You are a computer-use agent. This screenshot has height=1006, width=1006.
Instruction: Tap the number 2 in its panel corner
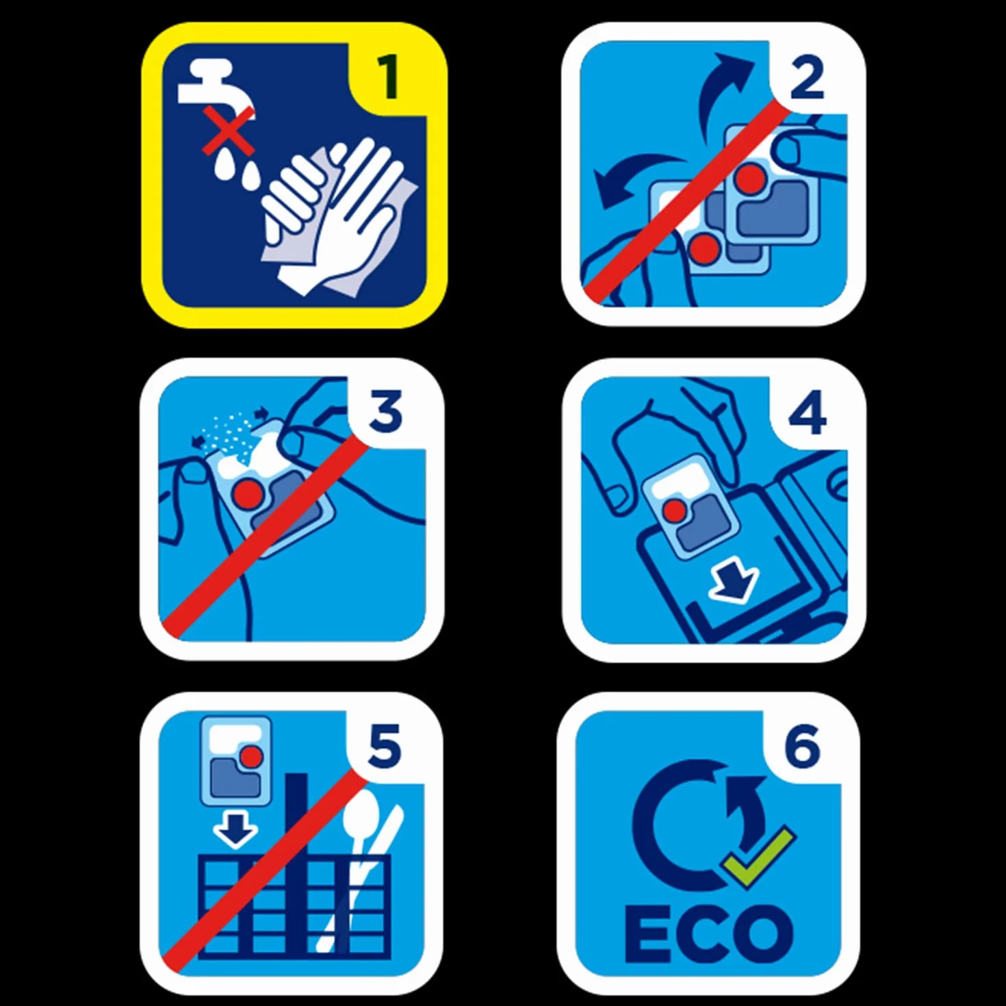coord(807,77)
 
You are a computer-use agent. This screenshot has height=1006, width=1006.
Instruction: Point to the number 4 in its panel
coord(808,413)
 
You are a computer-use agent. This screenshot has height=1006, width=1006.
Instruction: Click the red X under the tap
coord(229,131)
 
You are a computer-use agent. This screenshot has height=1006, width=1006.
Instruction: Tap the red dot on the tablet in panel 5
coord(253,755)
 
